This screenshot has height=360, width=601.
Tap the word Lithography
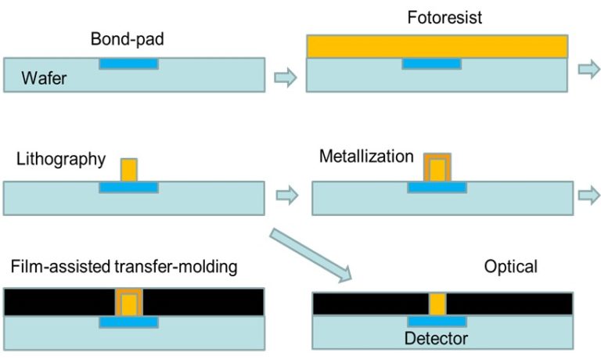(60, 160)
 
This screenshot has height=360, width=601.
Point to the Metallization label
(366, 157)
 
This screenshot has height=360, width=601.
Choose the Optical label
(510, 268)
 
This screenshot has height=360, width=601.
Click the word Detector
(436, 339)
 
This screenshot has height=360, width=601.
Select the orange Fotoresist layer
(437, 47)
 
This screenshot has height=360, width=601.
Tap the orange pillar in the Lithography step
(129, 170)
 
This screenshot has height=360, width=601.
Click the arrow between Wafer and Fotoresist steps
(286, 77)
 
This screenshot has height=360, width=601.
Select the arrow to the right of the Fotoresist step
(588, 69)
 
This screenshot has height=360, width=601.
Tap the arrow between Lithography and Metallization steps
(287, 196)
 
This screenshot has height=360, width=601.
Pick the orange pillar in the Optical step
(437, 304)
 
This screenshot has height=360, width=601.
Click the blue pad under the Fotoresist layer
(431, 64)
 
